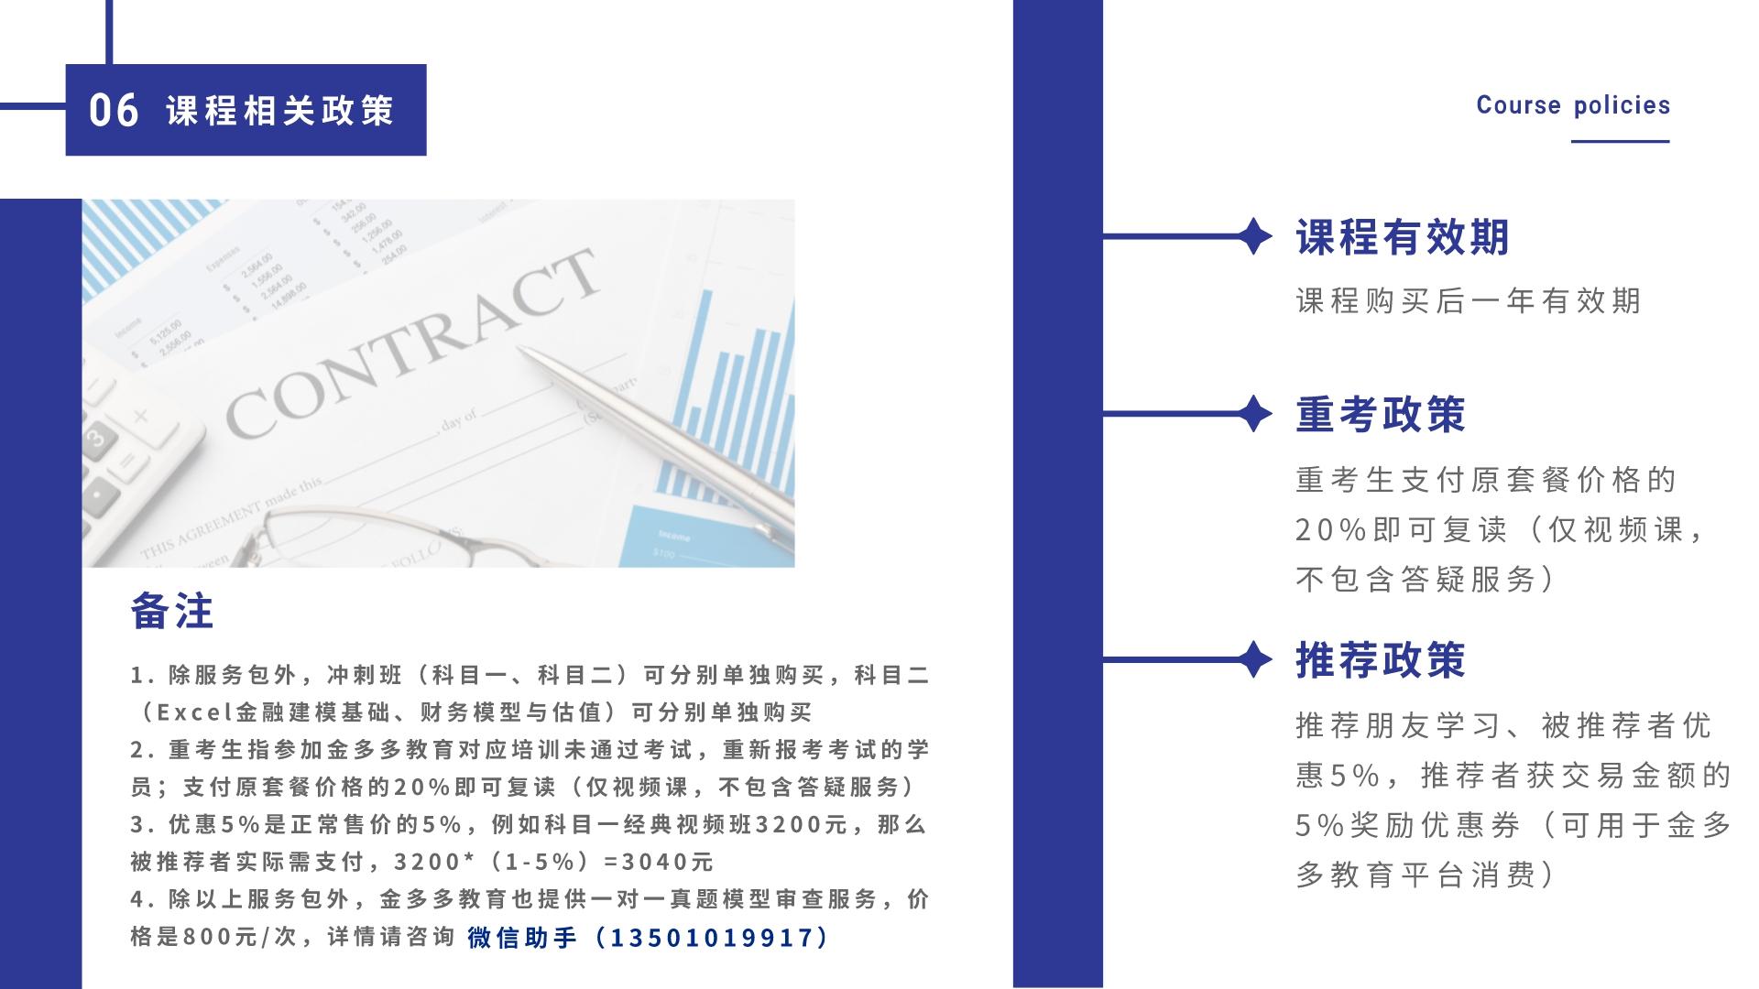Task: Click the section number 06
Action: (115, 110)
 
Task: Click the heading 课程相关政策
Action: (280, 111)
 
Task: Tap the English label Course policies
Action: (1573, 105)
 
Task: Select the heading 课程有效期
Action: (1403, 237)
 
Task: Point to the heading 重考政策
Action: (1381, 414)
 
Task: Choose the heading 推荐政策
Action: (1381, 659)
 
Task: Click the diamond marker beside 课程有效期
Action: (1253, 237)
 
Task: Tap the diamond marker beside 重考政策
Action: (1253, 414)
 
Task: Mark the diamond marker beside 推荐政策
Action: (1253, 659)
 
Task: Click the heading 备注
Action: (172, 611)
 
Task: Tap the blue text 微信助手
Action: (522, 938)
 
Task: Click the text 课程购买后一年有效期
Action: (1468, 300)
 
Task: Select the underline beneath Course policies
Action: (1621, 141)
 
